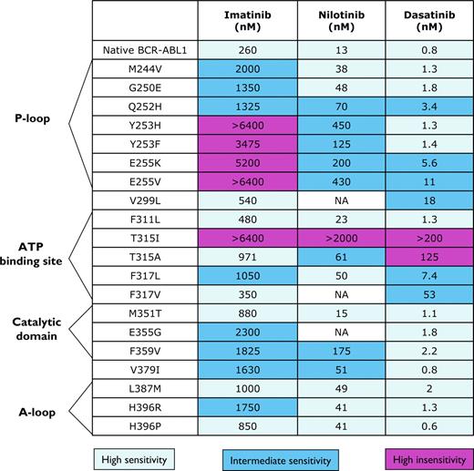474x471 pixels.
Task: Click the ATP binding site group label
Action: click(x=37, y=256)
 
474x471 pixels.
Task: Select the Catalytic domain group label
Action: click(x=37, y=327)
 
